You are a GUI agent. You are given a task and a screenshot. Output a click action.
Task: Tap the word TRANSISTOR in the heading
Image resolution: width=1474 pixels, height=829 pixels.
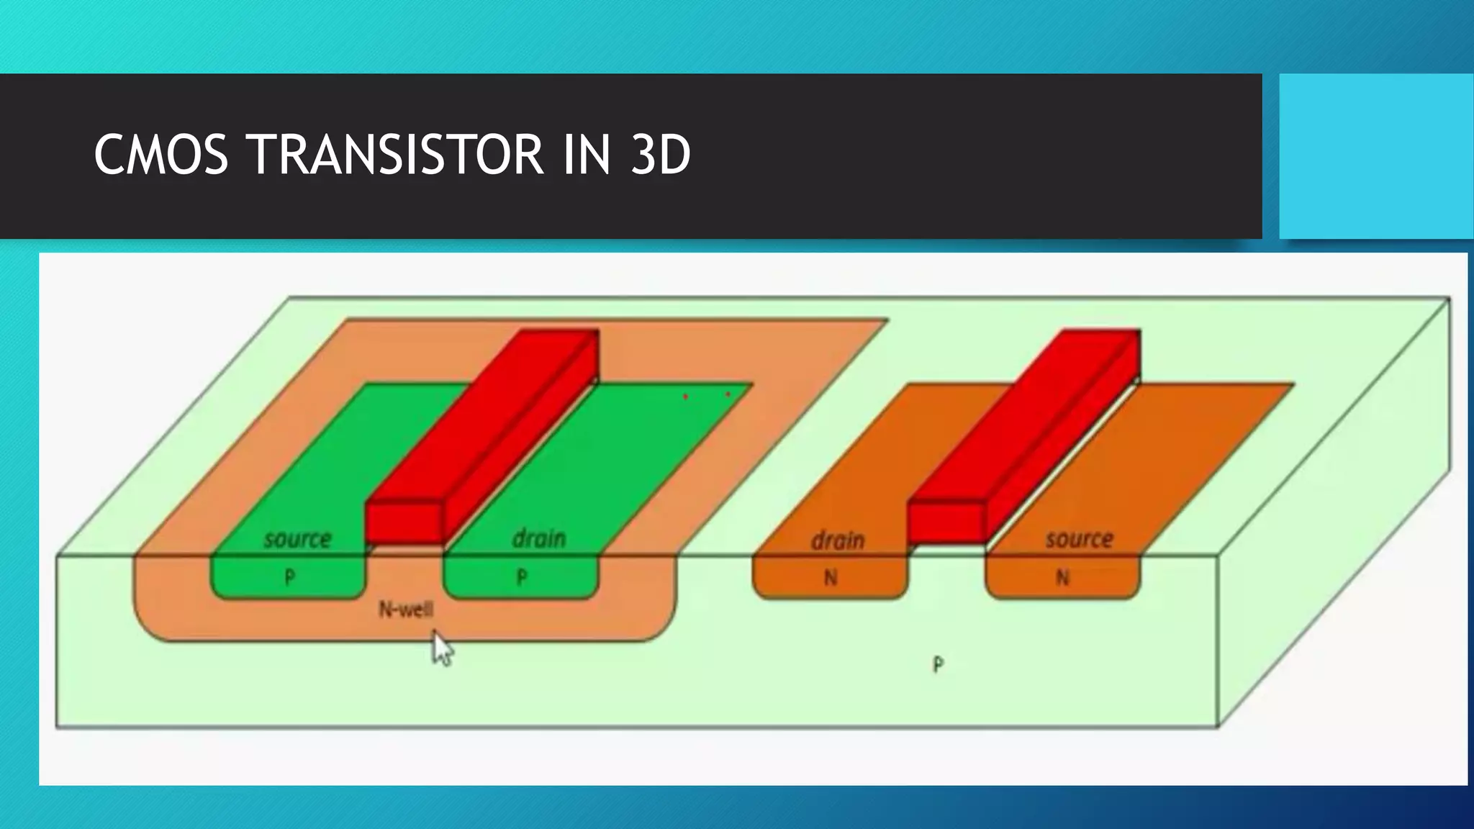coord(394,155)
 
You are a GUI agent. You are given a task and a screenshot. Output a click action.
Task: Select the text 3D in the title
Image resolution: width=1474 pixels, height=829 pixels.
coord(660,155)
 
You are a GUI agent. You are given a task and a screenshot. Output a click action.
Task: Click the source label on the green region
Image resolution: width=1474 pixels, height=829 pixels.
coord(297,539)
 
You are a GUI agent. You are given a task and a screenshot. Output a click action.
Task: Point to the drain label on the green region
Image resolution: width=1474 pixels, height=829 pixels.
coord(539,538)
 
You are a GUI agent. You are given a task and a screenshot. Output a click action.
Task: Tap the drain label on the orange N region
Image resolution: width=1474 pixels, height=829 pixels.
coord(837,540)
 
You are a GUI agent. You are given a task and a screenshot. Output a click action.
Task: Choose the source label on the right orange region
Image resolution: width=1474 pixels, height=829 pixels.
coord(1079,539)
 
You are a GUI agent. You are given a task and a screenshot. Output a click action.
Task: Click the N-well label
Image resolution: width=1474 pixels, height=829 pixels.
coord(406,610)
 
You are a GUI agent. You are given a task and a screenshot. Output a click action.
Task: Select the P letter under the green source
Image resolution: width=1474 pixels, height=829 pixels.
coord(289,577)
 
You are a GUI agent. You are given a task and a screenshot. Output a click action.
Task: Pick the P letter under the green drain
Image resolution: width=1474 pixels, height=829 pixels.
coord(522,577)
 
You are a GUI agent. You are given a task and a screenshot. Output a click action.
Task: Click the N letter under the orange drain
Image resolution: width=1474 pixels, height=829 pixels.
coord(831,577)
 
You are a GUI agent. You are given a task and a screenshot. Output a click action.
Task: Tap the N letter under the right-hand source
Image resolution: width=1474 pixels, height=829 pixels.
coord(1062,577)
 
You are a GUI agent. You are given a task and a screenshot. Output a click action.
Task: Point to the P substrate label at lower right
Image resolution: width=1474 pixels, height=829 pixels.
coord(938,664)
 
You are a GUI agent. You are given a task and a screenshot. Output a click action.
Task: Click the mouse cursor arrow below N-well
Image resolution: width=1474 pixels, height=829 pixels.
coord(442,649)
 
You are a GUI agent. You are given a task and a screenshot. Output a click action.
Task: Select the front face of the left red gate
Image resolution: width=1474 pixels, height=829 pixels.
coord(403,522)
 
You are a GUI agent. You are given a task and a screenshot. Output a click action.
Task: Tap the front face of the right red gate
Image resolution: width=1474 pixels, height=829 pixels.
coord(945,522)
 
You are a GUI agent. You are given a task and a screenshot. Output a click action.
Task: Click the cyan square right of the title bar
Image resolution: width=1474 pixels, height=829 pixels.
coord(1376,155)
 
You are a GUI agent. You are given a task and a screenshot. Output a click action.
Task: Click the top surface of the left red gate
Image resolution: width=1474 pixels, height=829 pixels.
coord(482,417)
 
